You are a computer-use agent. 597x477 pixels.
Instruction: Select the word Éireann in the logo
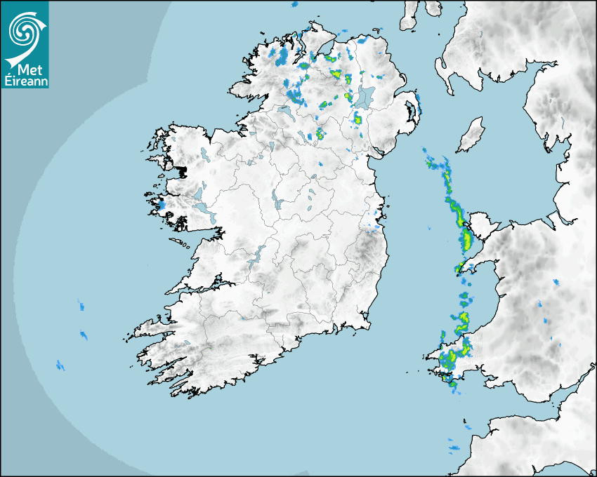25,80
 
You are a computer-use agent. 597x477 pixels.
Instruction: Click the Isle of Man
471,135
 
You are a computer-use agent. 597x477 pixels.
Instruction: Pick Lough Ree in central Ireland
278,203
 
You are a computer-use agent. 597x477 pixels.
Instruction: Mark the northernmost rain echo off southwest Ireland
80,305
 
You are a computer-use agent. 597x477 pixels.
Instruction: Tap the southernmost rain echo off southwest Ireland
60,365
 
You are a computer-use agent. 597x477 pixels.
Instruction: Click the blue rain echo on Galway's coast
162,206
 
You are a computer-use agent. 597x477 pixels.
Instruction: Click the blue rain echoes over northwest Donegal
279,55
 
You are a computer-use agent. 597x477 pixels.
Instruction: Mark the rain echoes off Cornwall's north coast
455,446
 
